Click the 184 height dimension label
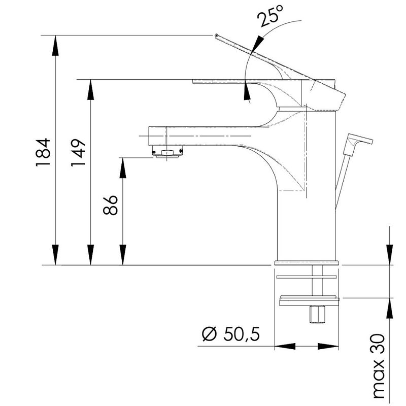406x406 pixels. [43, 152]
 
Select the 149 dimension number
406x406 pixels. [78, 153]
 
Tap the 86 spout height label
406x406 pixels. [110, 205]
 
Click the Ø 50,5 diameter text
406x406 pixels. [231, 334]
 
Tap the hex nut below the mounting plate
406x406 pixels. [317, 314]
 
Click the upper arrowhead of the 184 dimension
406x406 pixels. [55, 46]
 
